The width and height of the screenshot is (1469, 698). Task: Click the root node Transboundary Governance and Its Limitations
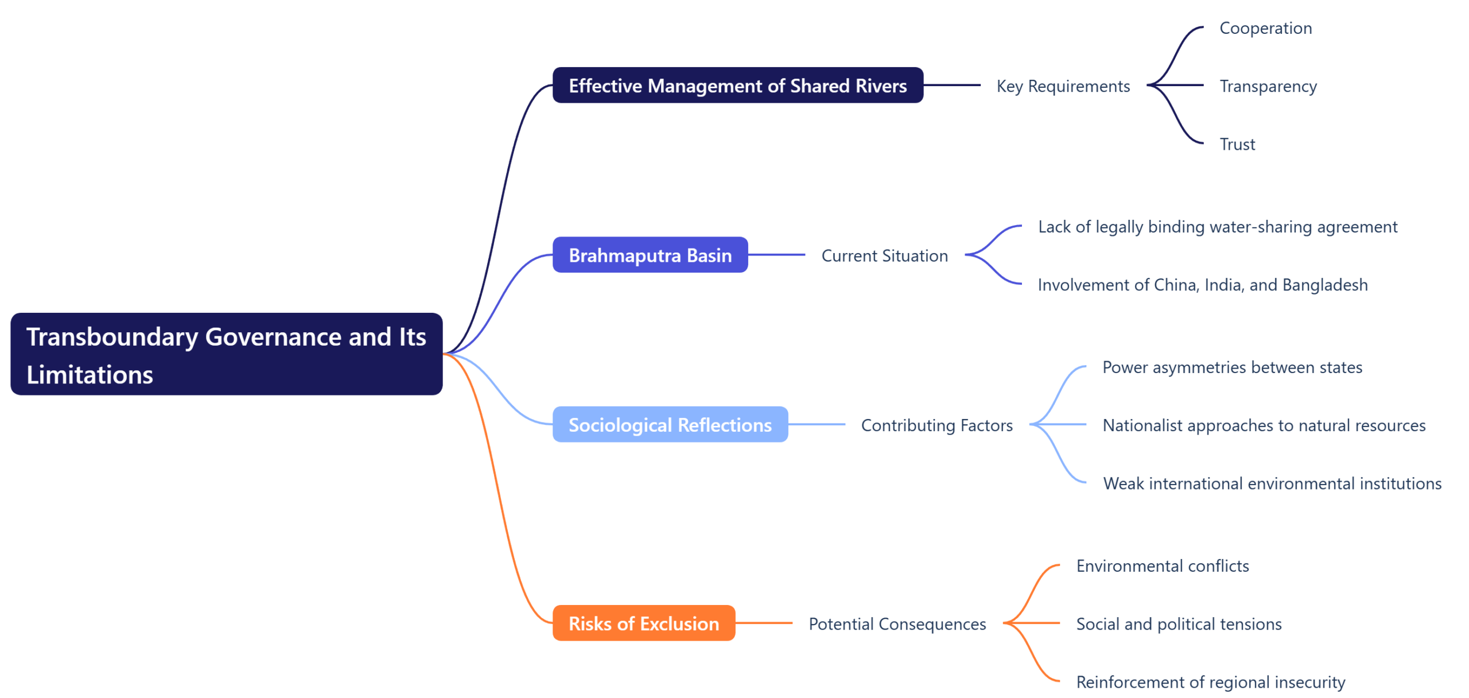click(226, 354)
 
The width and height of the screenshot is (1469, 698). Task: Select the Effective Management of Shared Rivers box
click(737, 86)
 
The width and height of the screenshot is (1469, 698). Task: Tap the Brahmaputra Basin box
click(650, 255)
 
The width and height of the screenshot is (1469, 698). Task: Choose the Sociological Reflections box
click(670, 425)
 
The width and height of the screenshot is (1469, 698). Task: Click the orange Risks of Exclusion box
click(643, 623)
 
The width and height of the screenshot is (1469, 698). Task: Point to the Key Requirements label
click(1063, 86)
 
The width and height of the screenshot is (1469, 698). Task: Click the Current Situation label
click(884, 255)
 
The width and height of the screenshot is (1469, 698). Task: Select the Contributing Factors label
click(936, 425)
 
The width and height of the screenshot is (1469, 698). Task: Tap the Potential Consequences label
click(897, 624)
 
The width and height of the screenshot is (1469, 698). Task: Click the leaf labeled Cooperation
click(1265, 28)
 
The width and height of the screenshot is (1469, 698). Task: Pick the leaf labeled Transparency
click(1268, 86)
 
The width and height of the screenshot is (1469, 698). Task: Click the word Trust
click(1237, 144)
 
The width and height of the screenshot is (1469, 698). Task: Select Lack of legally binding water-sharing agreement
click(1217, 227)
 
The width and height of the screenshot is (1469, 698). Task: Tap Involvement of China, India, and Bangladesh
click(1202, 285)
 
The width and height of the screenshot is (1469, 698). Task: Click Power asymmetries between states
click(1232, 367)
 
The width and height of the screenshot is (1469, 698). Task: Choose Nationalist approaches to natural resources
click(1264, 425)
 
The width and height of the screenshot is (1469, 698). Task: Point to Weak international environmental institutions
click(1272, 483)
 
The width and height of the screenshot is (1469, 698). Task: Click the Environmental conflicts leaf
click(1162, 566)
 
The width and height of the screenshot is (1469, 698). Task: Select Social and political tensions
click(1179, 624)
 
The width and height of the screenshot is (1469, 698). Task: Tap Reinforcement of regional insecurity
click(1210, 682)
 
